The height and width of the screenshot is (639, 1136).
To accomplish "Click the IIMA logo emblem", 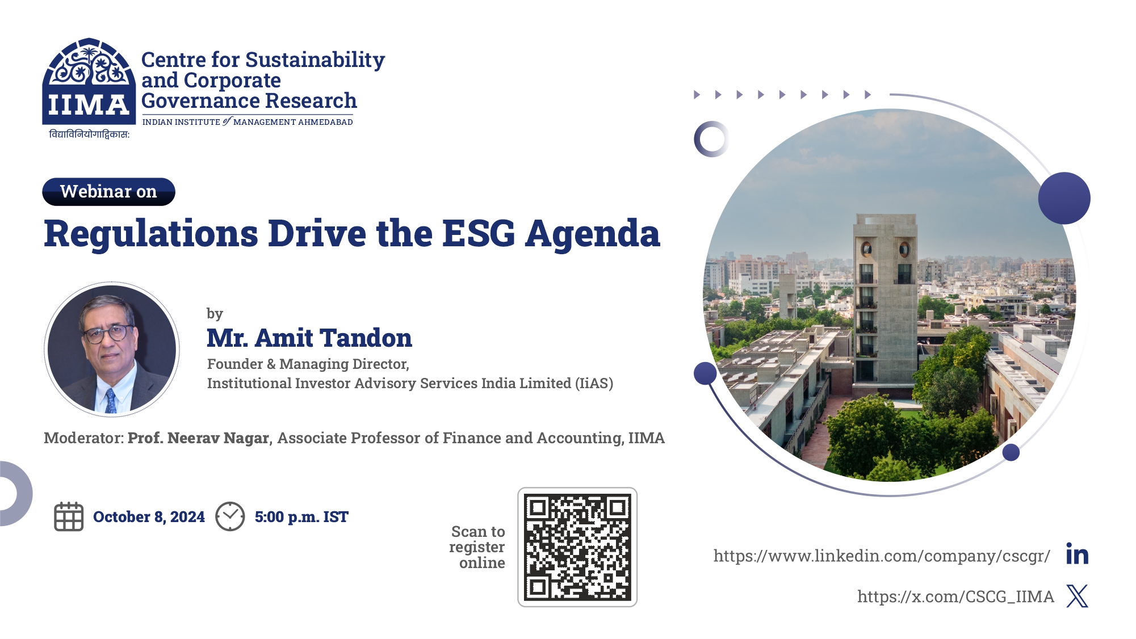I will (89, 81).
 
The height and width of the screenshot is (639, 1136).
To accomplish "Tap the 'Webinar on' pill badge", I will (108, 192).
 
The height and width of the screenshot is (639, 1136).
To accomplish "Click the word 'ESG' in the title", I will (478, 233).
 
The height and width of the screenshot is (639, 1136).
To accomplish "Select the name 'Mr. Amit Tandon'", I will (309, 338).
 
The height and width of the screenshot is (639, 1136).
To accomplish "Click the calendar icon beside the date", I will (69, 516).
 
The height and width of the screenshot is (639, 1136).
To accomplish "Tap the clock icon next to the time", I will (230, 516).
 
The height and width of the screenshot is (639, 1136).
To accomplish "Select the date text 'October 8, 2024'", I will (149, 517).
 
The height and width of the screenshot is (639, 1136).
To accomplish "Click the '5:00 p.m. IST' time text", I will (301, 517).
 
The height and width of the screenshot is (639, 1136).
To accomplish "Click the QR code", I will (577, 547).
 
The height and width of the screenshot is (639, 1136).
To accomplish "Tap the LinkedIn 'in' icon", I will (1077, 554).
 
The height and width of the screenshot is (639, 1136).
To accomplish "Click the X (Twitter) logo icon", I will (1077, 596).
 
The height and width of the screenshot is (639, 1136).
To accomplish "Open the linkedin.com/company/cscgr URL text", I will (881, 556).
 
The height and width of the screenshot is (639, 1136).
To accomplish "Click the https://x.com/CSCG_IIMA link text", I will (955, 596).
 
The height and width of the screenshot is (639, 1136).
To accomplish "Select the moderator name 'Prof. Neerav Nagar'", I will (199, 438).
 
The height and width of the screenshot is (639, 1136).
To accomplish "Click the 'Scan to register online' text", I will (478, 547).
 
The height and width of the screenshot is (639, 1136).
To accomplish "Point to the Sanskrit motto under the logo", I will (89, 134).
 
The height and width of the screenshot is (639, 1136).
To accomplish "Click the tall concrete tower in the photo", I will (885, 295).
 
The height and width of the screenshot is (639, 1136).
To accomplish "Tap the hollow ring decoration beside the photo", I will (711, 139).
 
